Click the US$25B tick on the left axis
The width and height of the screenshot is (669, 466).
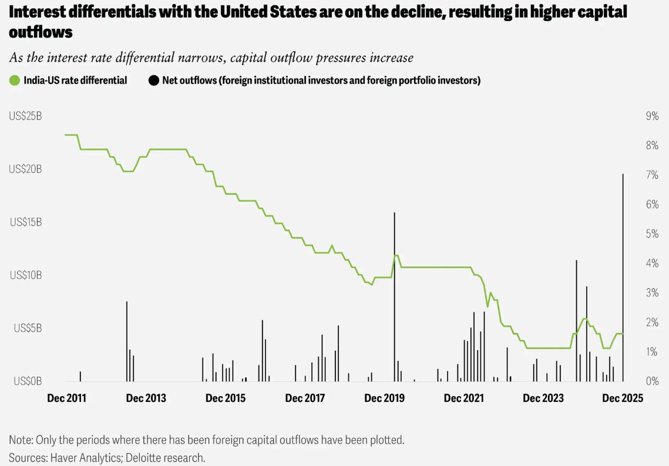tap(25, 116)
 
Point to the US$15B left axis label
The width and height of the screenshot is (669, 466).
tap(25, 222)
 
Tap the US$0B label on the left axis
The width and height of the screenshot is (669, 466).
tap(28, 381)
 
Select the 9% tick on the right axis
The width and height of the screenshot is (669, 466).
tap(652, 116)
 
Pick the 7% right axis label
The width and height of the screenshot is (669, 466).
tap(652, 175)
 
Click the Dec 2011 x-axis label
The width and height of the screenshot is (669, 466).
tap(66, 399)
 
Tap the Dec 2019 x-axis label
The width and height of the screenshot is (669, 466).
tap(384, 399)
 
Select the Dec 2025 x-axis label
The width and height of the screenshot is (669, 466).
tap(623, 399)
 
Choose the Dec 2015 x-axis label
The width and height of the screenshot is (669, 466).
tap(225, 399)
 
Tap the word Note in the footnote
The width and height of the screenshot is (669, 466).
tap(21, 440)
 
